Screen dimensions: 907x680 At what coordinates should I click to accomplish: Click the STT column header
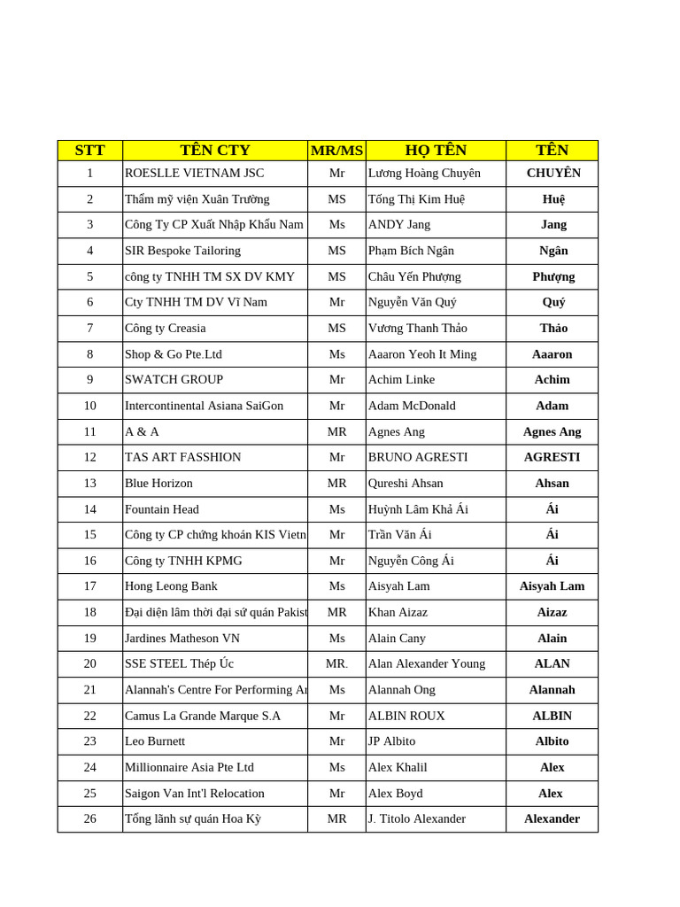click(89, 151)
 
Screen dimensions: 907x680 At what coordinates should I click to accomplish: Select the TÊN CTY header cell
click(215, 151)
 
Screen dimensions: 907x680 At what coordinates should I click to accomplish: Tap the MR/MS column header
click(336, 151)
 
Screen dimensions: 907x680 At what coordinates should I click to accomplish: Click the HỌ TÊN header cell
click(436, 151)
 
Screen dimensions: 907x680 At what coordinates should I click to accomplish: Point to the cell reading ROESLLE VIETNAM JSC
click(194, 174)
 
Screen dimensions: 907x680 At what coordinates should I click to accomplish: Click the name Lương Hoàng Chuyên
click(424, 174)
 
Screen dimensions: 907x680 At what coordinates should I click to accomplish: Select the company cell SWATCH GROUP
click(174, 380)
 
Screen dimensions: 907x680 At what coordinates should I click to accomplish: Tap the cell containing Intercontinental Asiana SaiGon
click(204, 406)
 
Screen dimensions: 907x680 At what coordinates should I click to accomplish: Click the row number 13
click(89, 484)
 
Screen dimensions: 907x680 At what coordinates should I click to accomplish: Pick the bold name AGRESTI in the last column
click(552, 458)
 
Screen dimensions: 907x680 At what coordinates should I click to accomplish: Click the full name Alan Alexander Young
click(427, 664)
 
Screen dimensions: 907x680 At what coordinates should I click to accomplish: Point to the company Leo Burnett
click(155, 741)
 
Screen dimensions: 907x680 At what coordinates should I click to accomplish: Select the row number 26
click(89, 819)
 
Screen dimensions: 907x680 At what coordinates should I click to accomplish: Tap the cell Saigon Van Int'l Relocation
click(195, 794)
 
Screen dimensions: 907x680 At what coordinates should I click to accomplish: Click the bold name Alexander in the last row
click(552, 819)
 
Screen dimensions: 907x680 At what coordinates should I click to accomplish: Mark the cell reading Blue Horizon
click(158, 484)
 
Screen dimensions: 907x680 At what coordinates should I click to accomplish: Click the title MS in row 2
click(336, 199)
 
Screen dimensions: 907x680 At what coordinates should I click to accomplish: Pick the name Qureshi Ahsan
click(406, 484)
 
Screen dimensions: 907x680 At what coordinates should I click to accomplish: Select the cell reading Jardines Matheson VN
click(182, 639)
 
